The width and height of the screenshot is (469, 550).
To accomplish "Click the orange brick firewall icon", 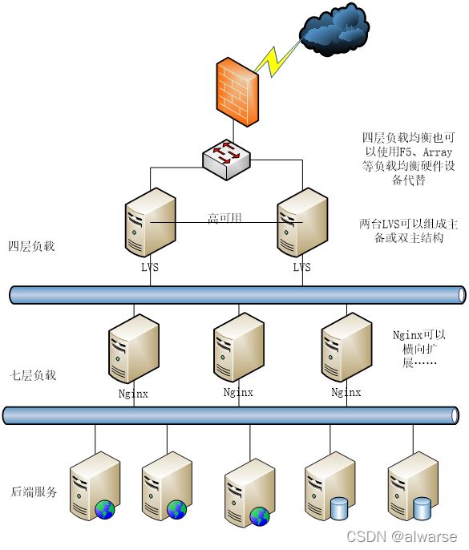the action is click(237, 92).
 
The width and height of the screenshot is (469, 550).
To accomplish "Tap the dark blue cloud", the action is click(334, 29).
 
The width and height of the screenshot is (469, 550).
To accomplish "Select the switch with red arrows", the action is click(227, 160).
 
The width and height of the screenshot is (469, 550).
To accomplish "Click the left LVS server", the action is click(151, 222).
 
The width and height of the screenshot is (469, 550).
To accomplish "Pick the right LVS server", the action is click(302, 222).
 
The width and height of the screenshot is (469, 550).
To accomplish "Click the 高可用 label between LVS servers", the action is click(224, 218).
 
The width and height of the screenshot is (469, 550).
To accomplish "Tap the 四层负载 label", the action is click(31, 246).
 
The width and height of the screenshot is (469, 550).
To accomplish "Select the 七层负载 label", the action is click(33, 375).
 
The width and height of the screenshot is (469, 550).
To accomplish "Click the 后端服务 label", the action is click(34, 491).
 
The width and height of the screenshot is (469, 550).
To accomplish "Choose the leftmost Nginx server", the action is click(134, 348).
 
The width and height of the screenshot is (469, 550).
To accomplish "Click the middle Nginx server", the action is click(239, 347).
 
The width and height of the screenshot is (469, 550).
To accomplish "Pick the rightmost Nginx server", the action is click(346, 347).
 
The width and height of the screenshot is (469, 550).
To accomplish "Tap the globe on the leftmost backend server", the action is click(105, 510).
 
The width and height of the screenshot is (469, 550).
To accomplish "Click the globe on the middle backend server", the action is click(260, 516).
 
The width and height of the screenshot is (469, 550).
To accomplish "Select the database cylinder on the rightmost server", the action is click(422, 508).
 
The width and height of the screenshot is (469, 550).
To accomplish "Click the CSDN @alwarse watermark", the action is click(402, 536).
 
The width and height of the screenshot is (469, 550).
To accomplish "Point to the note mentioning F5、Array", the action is click(409, 159).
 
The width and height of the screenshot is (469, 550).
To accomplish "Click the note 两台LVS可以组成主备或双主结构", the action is click(409, 231).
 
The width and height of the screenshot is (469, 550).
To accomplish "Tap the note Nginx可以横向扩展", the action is click(419, 348).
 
